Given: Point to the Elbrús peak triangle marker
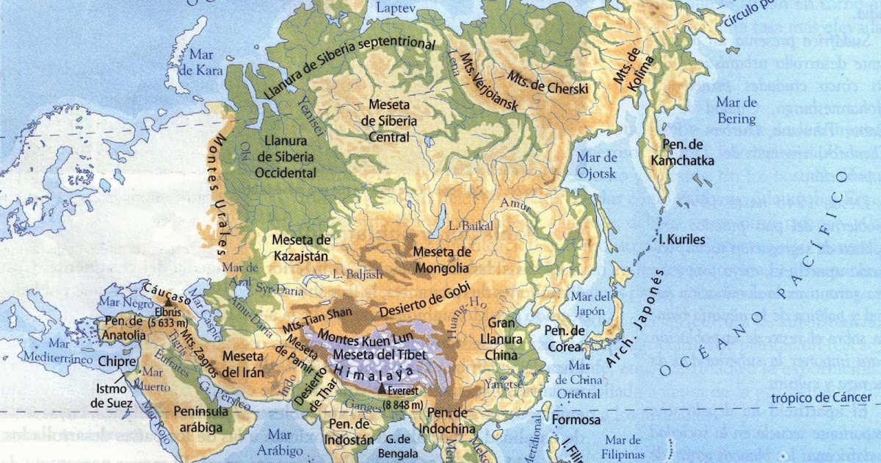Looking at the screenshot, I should pos(168,302).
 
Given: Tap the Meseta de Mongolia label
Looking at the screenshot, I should pos(440,259).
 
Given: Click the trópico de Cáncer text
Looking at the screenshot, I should pos(825,398).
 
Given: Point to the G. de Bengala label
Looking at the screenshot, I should pos(399,446).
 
